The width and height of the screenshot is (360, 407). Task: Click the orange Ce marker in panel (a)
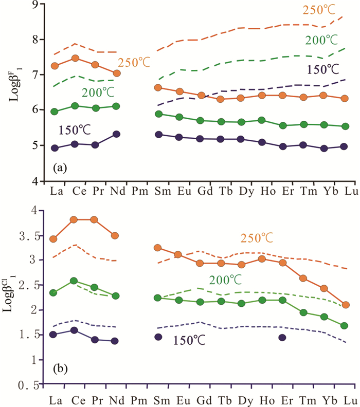click(75, 58)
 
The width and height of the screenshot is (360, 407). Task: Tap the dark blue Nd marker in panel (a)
click(116, 134)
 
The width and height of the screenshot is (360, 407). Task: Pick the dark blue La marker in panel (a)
click(55, 148)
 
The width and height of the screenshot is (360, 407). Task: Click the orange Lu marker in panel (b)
click(346, 305)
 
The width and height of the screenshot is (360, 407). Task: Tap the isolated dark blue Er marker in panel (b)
click(282, 338)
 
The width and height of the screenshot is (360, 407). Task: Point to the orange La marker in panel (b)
click(53, 239)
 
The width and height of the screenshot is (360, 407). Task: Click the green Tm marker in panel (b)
click(303, 312)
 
